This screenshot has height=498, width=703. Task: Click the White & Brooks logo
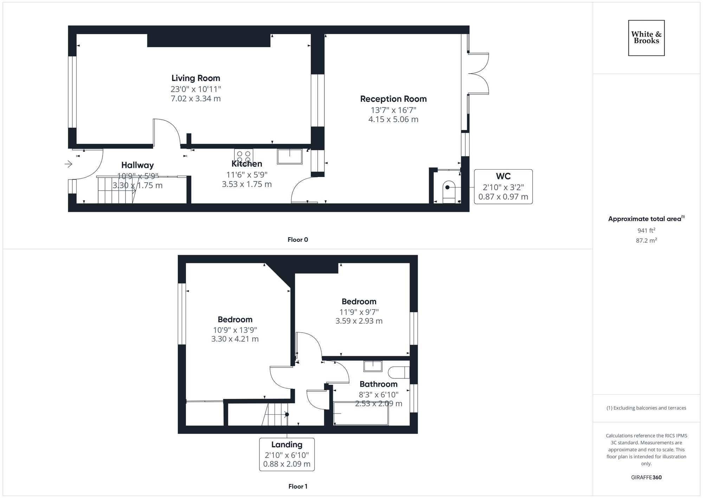pos(646,38)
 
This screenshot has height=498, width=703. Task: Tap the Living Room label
pos(196,78)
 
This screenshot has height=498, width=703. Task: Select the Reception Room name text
pos(393,99)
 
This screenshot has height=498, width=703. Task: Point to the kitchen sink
pos(290,156)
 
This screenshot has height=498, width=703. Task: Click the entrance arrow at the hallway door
pos(68,164)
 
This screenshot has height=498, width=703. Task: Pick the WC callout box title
pos(503,176)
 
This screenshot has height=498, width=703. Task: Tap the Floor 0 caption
pos(298,240)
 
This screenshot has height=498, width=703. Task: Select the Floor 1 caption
pos(298,486)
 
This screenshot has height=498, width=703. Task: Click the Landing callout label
pos(287,445)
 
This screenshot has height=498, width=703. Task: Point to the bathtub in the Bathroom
pos(361,414)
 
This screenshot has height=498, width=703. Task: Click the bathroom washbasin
pos(373,366)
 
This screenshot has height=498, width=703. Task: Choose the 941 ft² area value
pos(646,231)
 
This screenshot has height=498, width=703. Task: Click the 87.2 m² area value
pos(646,241)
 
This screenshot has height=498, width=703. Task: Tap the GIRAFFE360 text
pos(646,477)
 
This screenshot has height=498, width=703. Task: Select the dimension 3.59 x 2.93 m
pos(359,321)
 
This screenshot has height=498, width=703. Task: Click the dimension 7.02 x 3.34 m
pos(196,99)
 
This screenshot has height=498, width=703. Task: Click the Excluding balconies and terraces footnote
pos(646,408)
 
